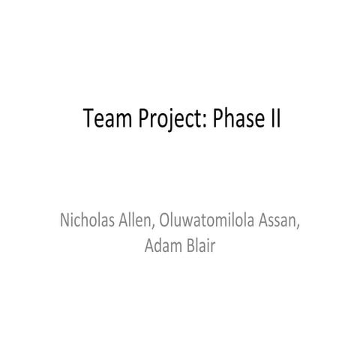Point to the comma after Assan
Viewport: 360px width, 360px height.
299,229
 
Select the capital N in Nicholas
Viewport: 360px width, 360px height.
64,223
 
